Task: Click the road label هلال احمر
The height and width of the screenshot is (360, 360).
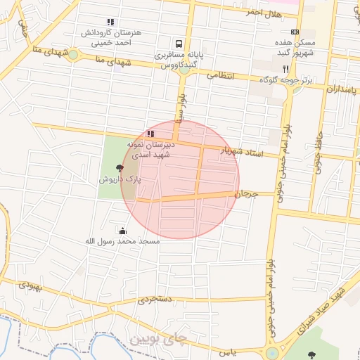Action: [x=264, y=13]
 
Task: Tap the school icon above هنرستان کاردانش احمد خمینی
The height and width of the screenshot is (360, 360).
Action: [x=110, y=22]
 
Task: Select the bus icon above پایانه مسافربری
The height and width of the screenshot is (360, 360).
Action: [x=180, y=42]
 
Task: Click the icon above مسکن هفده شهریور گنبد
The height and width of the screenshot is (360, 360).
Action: [x=294, y=32]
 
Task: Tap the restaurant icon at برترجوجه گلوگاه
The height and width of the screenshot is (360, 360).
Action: [x=285, y=69]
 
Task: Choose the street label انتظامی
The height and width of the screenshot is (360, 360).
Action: [x=219, y=76]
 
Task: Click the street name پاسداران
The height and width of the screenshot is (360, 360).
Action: [x=342, y=89]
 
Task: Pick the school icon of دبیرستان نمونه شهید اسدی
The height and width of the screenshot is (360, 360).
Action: [x=150, y=133]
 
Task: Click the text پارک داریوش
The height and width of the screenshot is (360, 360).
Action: [x=120, y=180]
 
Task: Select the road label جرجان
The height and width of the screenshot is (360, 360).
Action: [x=247, y=193]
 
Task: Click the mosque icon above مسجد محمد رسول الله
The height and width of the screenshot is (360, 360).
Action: [x=123, y=230]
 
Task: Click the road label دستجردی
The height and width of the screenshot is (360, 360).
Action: [x=154, y=300]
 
